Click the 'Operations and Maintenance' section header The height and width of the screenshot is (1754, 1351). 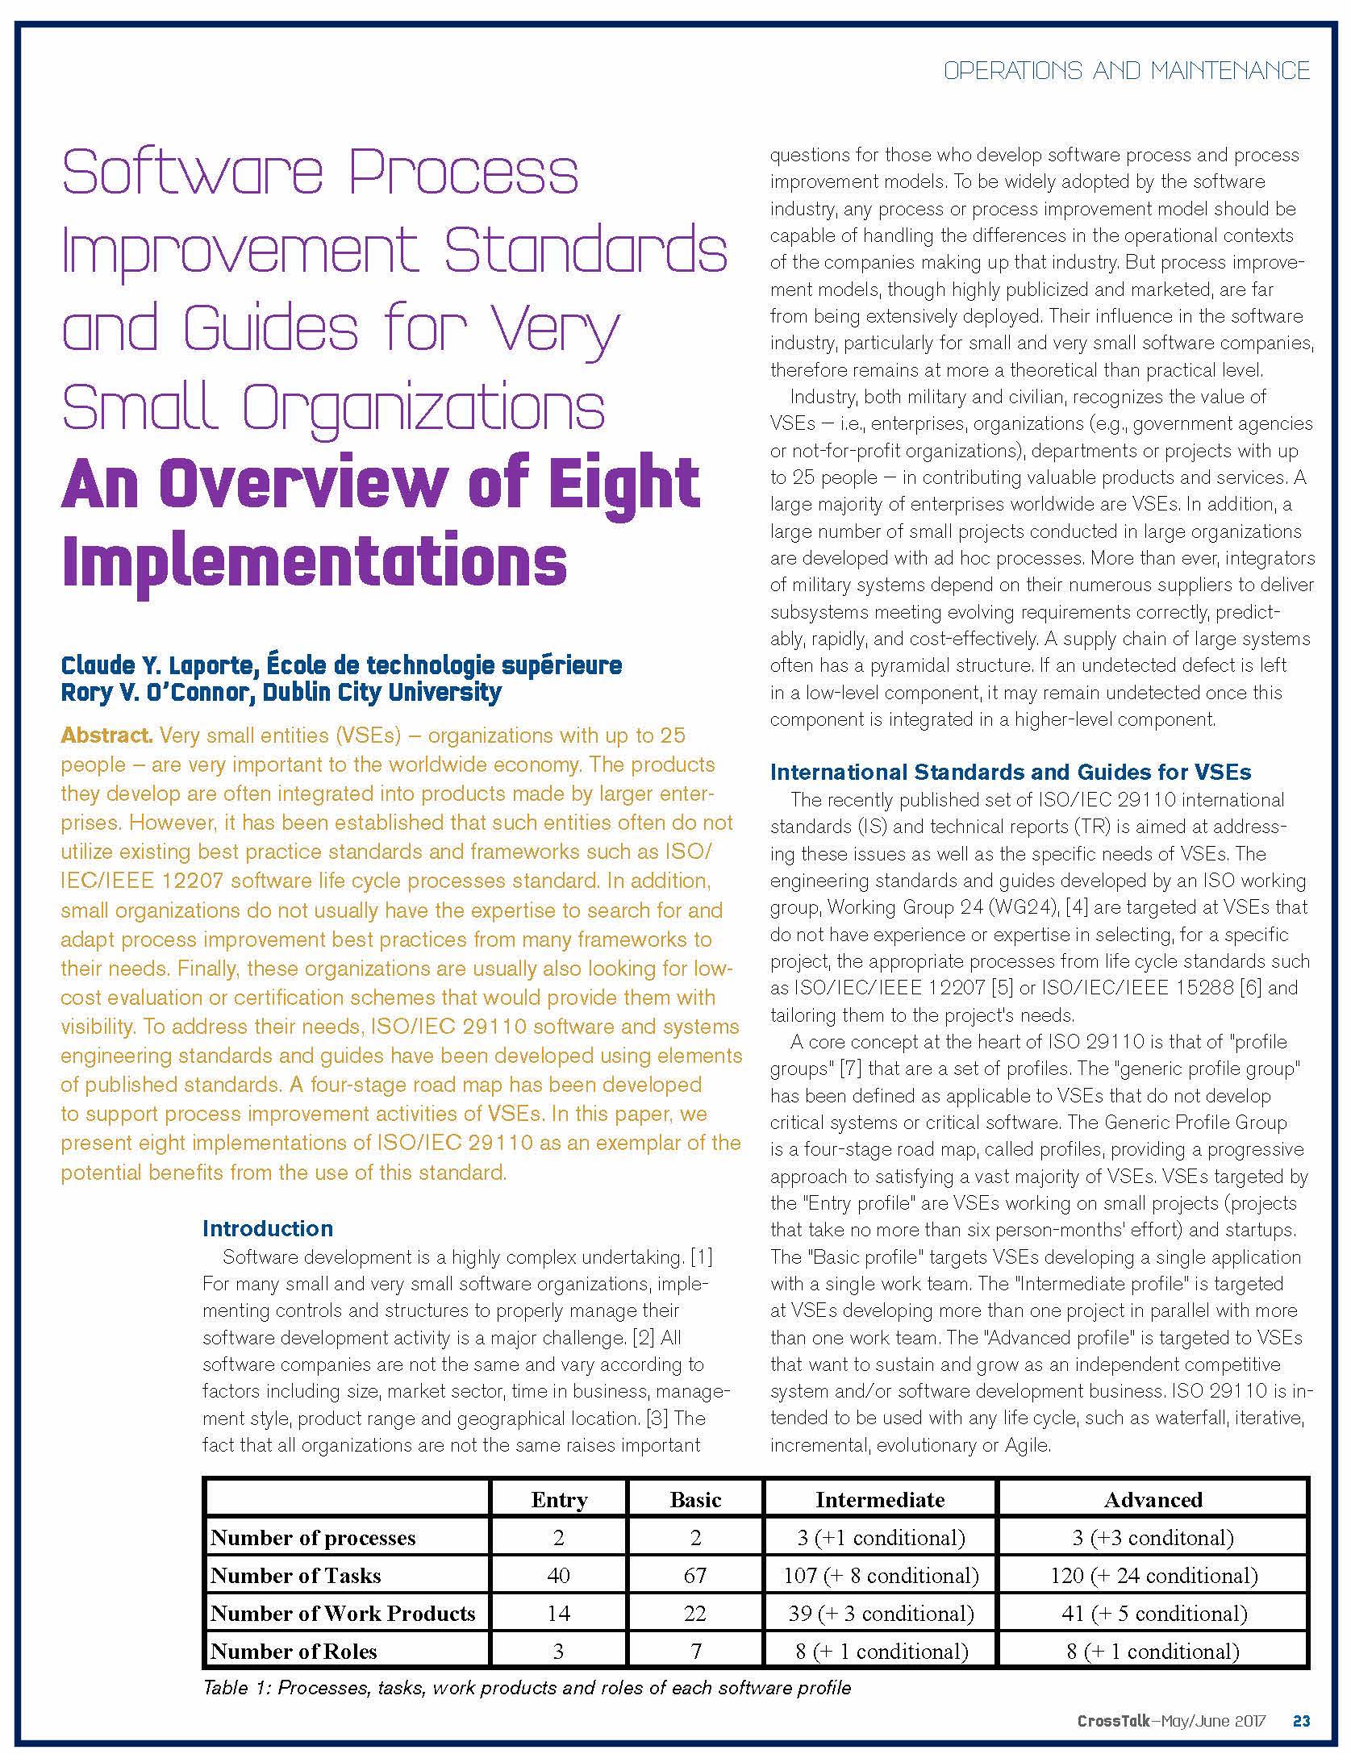(1126, 71)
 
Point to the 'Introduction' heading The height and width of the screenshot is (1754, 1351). (268, 1228)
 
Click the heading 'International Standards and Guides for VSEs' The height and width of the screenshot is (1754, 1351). (1010, 772)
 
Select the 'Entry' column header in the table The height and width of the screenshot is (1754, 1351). (558, 1499)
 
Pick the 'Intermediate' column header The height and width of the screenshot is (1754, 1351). (879, 1499)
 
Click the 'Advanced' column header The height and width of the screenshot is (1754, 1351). (1153, 1499)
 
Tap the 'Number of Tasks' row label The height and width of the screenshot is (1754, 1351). (295, 1575)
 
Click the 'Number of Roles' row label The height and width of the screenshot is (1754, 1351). (294, 1651)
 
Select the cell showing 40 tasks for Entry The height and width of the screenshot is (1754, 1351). (558, 1575)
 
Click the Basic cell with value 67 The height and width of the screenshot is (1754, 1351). (694, 1575)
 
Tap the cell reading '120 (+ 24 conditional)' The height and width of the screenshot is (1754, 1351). (1153, 1575)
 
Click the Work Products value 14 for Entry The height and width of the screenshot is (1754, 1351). (558, 1613)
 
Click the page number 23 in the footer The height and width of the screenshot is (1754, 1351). (1301, 1720)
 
